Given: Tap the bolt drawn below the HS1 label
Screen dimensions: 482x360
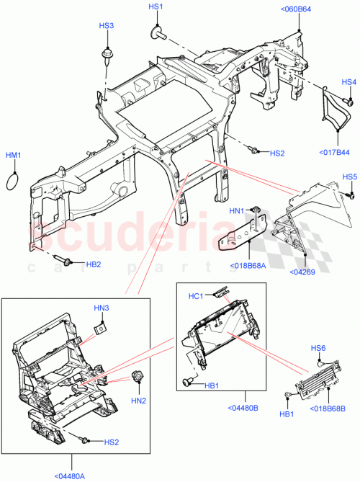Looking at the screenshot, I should pos(156,32).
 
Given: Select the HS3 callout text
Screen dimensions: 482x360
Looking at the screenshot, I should pos(106,25).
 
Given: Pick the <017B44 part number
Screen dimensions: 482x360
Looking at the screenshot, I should pos(334,152).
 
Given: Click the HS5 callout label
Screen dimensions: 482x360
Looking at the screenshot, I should pos(349,177).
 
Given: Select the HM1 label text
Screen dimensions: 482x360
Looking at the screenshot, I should pos(14,156).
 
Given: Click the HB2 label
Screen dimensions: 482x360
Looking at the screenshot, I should pos(94,264).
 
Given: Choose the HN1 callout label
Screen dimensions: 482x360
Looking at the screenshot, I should pos(237,211).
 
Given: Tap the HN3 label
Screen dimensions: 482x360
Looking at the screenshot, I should pos(102,308).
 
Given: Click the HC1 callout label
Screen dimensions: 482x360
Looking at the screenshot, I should pos(199,295).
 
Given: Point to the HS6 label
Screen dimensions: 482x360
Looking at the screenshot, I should pos(318,347).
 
